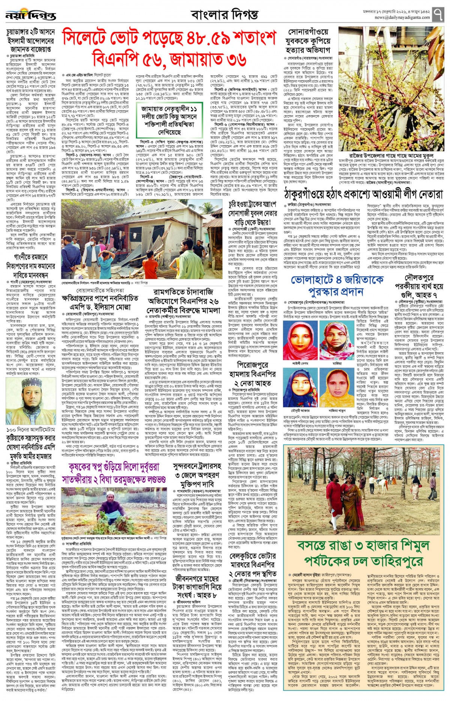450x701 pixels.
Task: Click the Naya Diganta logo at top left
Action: click(x=31, y=16)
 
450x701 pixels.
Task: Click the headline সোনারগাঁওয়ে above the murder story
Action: click(x=309, y=33)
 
